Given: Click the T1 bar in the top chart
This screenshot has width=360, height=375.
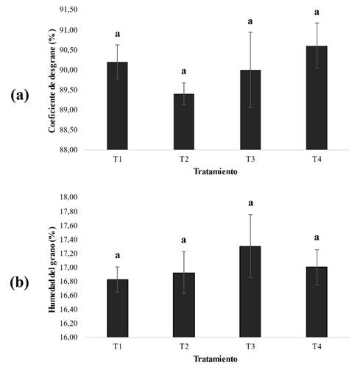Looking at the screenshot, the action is click(x=117, y=106).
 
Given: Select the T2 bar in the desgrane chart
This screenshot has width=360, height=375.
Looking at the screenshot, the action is click(x=184, y=121).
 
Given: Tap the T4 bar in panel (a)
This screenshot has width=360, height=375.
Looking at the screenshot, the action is click(x=317, y=98).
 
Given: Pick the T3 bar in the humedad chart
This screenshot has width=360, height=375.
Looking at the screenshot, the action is click(x=250, y=292).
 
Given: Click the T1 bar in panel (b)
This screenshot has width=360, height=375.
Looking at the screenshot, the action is click(x=117, y=308).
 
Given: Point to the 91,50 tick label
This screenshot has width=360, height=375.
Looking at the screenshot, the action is click(x=68, y=10).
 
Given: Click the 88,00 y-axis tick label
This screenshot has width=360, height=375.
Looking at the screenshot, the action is click(x=68, y=149).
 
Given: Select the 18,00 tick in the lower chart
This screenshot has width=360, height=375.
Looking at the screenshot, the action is click(x=68, y=197).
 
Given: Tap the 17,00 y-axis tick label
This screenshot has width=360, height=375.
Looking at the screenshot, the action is click(x=68, y=267).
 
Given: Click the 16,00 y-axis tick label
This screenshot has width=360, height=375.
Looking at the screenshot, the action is click(x=68, y=337).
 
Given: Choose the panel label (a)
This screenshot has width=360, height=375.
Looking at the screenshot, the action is click(x=20, y=96).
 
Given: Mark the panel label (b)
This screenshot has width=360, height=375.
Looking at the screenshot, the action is click(x=20, y=283).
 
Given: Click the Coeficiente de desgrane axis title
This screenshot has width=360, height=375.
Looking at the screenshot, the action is click(x=52, y=81).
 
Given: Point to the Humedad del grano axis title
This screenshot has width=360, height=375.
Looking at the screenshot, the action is click(x=52, y=270).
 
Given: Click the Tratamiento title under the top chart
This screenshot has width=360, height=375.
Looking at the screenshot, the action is click(x=216, y=171).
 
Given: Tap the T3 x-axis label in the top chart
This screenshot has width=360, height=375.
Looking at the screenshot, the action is click(x=250, y=160).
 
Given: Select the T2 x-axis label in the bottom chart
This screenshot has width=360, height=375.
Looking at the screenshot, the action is click(x=184, y=347).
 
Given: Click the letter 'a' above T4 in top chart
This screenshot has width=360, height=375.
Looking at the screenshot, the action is click(x=317, y=12).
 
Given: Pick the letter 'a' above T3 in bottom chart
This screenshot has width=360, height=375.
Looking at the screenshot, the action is click(x=250, y=203).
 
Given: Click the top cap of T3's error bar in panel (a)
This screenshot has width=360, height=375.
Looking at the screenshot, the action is click(x=250, y=32).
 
